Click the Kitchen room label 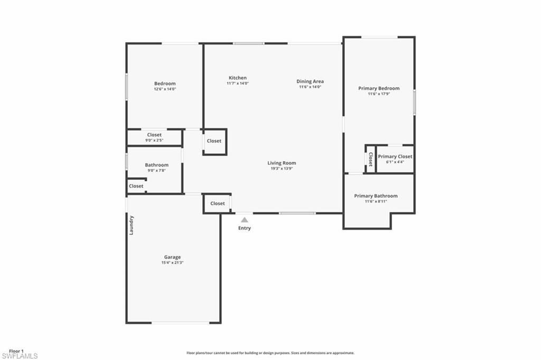coord(237,78)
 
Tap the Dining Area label coord(310,81)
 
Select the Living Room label coord(282,163)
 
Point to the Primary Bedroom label coord(379,88)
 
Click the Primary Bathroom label coord(376,196)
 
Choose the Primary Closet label coord(395,156)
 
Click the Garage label coord(172,257)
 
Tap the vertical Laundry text coord(132,225)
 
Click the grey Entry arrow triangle coord(244,220)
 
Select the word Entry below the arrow coord(244,228)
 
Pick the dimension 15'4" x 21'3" coord(172,263)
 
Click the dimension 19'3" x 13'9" coord(282,169)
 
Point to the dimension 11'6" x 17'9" coord(379,94)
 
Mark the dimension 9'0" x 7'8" coord(156,170)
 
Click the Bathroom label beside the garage coord(156,165)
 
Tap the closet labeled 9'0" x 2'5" coord(154,137)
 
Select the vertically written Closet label coord(370,159)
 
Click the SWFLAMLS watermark coord(20,356)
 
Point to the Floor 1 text coord(16,350)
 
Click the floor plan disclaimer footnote coord(270,353)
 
